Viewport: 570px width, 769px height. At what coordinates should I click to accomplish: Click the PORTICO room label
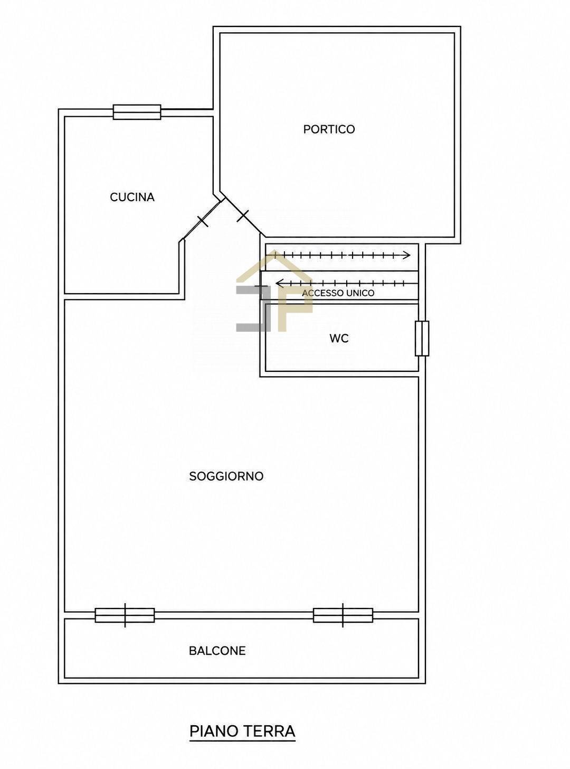[329, 129]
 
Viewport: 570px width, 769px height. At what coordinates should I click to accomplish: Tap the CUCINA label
[132, 198]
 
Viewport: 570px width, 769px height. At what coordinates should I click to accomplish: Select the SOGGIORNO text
[226, 476]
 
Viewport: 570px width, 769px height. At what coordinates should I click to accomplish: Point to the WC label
[339, 338]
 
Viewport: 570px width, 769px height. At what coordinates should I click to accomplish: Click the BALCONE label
[217, 651]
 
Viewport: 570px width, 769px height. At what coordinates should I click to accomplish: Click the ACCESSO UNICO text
[338, 293]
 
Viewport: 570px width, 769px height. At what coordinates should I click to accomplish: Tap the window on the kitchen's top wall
[137, 112]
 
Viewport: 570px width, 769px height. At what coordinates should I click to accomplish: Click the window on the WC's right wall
[422, 339]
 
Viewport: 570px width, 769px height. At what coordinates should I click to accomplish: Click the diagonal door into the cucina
[202, 220]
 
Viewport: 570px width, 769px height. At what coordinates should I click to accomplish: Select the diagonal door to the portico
[243, 215]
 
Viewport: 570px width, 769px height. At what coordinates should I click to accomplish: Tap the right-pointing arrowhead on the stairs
[407, 256]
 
